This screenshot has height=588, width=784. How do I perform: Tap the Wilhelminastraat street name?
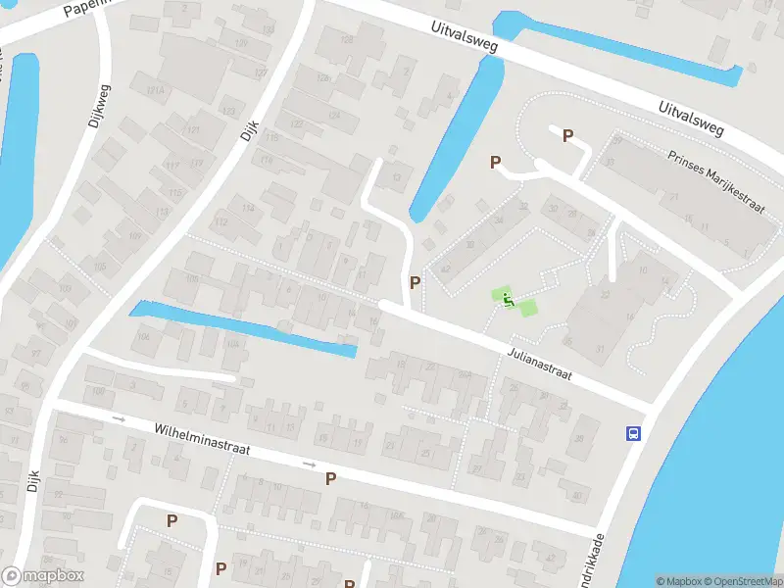(x=203, y=439)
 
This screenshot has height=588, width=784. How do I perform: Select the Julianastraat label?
(x=539, y=362)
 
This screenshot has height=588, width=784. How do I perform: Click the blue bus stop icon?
(x=634, y=433)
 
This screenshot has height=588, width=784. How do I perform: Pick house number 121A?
(x=155, y=90)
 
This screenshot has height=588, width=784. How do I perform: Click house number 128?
(x=346, y=38)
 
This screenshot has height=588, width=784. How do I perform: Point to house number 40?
(x=577, y=496)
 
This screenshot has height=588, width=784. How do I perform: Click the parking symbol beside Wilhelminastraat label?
(x=331, y=478)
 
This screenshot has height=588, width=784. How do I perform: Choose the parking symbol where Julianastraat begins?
(x=416, y=282)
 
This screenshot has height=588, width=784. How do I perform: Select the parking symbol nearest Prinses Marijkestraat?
(x=567, y=136)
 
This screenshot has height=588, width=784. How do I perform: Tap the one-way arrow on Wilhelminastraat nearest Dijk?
(x=121, y=418)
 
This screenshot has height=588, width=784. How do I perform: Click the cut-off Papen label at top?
(x=82, y=10)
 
